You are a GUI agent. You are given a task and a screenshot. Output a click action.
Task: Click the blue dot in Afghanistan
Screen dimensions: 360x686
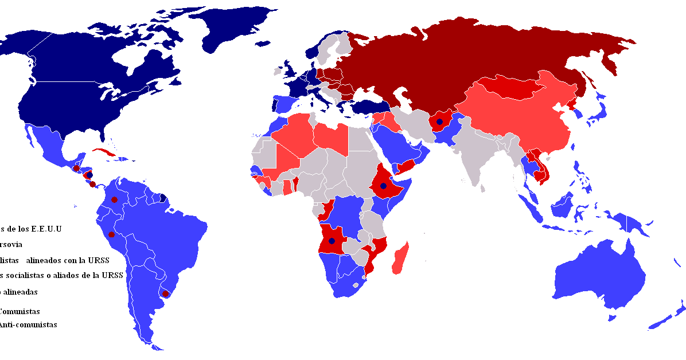pos(439,122)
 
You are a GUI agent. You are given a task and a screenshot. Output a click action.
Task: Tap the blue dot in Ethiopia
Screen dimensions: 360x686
pos(383,186)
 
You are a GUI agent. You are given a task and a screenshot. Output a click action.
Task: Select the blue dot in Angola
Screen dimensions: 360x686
pos(331,241)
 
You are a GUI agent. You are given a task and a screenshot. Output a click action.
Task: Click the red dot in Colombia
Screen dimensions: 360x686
pos(114,199)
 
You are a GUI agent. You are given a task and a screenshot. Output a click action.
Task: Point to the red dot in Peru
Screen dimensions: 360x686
pos(111,234)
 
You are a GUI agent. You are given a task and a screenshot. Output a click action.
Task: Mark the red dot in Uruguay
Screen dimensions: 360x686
pos(166,294)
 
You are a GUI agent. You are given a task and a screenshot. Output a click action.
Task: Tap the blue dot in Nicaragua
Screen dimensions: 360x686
pos(89,174)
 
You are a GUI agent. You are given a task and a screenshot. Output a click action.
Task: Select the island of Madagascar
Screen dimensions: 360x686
pos(402,258)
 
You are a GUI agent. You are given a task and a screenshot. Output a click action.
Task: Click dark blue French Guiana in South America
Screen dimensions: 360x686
pos(163,198)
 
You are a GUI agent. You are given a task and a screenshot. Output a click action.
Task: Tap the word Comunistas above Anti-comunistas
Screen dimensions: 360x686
pos(20,312)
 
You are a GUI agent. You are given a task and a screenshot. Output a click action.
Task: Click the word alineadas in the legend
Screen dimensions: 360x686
pos(20,292)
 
